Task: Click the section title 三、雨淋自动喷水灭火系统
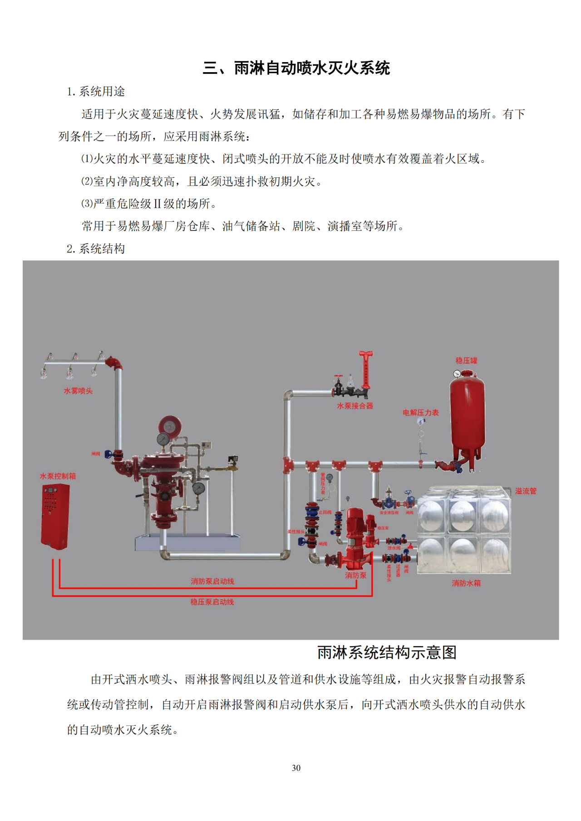point(296,68)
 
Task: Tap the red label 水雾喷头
point(78,391)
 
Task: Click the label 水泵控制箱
point(58,476)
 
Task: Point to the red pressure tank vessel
point(467,417)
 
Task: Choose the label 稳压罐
point(466,361)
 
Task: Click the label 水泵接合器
point(355,406)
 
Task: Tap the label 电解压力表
point(421,413)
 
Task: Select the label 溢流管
point(526,491)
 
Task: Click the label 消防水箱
point(466,583)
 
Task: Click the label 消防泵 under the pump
point(355,575)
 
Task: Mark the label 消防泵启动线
point(212,581)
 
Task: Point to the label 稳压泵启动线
point(212,602)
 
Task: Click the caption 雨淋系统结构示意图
point(387,653)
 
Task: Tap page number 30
point(296,768)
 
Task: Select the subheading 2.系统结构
point(96,249)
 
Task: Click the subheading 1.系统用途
point(96,92)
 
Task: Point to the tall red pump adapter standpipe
point(365,370)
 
